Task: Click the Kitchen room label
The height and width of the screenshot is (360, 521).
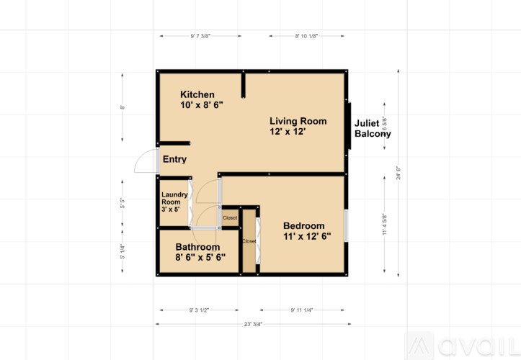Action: (197, 94)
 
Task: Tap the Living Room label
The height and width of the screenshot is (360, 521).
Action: (298, 121)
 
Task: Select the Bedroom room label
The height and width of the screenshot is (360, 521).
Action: (303, 225)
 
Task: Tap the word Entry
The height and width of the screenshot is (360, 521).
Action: (174, 160)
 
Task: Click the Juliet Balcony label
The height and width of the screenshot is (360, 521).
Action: (373, 129)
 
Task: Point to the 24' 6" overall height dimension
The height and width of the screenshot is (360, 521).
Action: (398, 174)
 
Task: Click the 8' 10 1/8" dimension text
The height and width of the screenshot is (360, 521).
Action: (306, 35)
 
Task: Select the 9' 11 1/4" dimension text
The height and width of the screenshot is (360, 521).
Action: (306, 310)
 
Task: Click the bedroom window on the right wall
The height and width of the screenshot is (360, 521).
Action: (347, 225)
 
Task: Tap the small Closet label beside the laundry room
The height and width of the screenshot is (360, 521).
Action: (230, 217)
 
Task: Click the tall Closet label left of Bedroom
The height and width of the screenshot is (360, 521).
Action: (249, 241)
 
